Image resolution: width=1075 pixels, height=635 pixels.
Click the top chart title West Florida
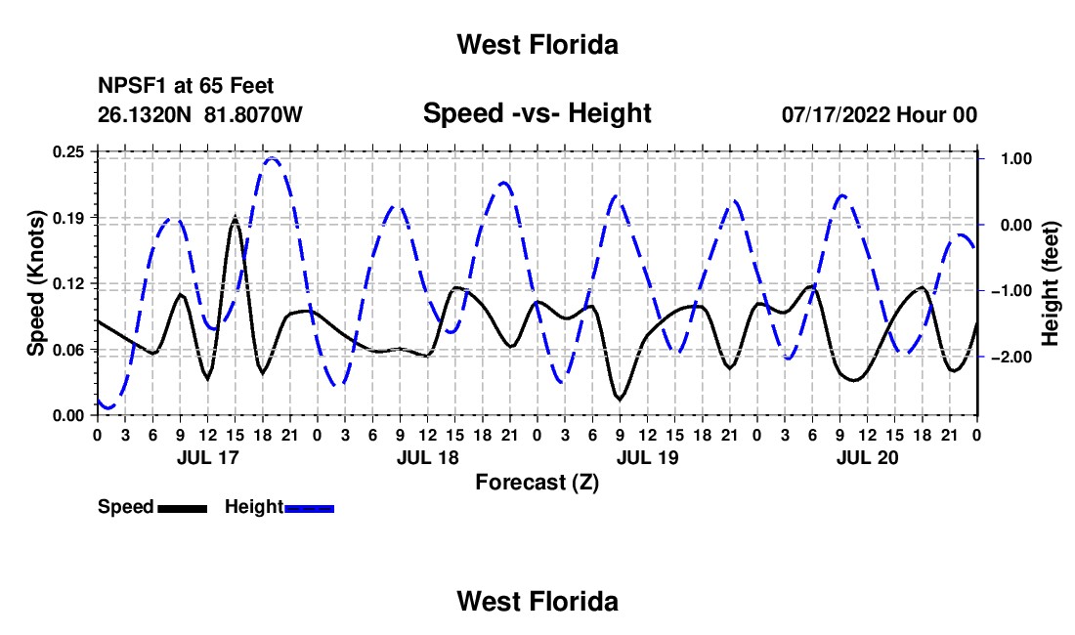pos(537,45)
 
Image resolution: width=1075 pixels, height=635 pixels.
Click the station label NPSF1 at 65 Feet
pos(186,86)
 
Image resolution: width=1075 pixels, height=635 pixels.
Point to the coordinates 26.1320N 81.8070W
pos(200,114)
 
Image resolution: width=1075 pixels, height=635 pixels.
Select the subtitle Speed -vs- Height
pos(537,113)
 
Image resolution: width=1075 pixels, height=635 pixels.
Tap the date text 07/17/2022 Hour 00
pos(880,114)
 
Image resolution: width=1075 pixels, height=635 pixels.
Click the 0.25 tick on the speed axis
pos(68,151)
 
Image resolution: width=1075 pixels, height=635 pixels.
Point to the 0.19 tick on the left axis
pos(68,218)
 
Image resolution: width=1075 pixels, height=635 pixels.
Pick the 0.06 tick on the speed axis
pos(68,350)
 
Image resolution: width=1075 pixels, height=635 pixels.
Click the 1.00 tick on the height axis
pos(1016,159)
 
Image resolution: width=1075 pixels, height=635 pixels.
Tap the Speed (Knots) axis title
pos(35,283)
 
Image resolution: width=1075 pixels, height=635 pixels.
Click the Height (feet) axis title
pos(1051,283)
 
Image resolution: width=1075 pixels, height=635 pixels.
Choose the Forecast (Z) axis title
pos(537,483)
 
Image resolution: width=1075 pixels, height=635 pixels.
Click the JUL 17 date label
pos(208,457)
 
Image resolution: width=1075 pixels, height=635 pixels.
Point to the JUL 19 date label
pos(647,457)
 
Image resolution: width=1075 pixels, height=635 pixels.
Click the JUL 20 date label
pos(867,457)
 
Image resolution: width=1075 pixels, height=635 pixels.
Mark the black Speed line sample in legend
pos(183,508)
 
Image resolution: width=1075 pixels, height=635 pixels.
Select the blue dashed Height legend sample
pos(309,508)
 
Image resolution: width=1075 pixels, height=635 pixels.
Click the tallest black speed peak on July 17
pos(236,219)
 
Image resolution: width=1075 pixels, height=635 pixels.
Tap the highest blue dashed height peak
pos(273,159)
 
